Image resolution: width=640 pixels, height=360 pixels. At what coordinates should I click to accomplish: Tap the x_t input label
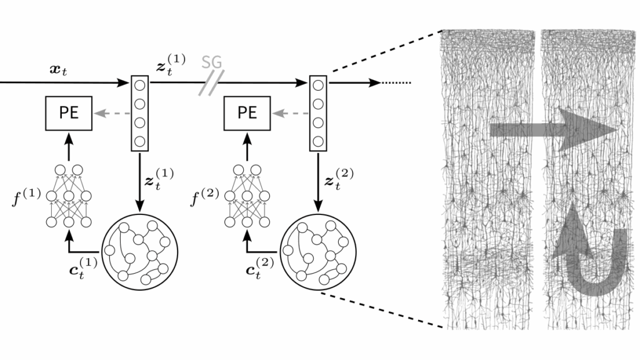click(58, 71)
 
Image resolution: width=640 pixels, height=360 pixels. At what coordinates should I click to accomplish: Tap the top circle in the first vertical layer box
click(139, 86)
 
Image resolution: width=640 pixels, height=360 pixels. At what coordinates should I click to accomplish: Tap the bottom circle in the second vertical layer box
click(318, 141)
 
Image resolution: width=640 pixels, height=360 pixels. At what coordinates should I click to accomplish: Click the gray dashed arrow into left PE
click(112, 113)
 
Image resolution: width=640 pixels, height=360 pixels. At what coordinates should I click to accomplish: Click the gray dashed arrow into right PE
click(290, 113)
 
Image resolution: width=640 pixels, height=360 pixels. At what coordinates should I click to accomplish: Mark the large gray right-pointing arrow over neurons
click(554, 130)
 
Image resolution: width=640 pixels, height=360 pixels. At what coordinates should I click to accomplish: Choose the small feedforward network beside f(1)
click(69, 196)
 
